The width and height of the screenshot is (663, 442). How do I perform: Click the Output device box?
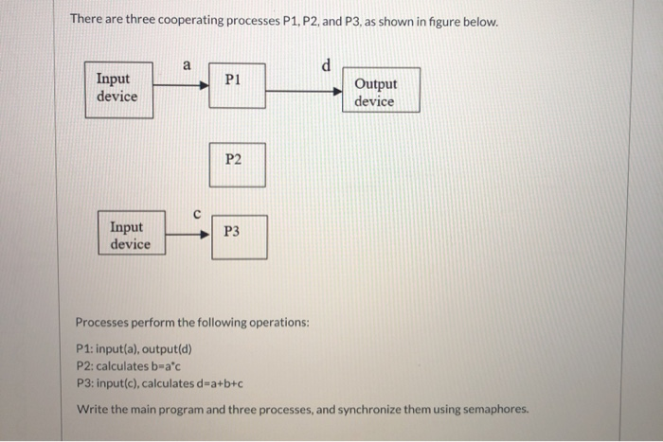pyautogui.click(x=375, y=93)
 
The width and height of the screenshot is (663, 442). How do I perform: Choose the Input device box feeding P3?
pyautogui.click(x=130, y=235)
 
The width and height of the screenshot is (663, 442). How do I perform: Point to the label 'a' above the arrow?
pyautogui.click(x=187, y=65)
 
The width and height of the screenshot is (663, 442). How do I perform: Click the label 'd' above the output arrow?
pyautogui.click(x=326, y=65)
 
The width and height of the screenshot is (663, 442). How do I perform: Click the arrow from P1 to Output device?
pyautogui.click(x=303, y=92)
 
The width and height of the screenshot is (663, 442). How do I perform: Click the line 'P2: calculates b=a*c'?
pyautogui.click(x=128, y=365)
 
